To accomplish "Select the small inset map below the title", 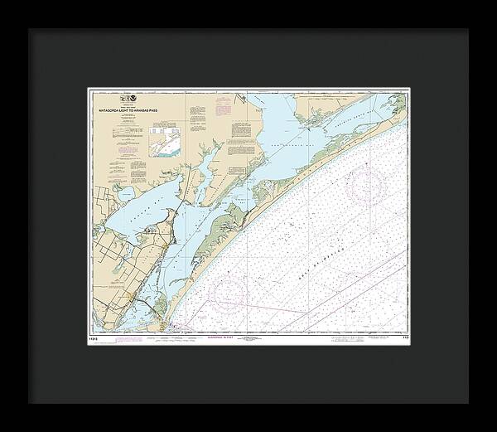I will click(x=164, y=146).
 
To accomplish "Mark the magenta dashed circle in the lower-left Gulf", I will click(x=226, y=289).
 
